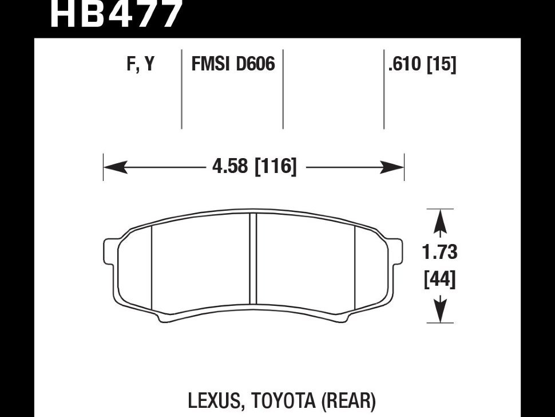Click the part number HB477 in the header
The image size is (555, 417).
[116, 14]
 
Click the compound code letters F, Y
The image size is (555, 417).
[141, 64]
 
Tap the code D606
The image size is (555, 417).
[255, 64]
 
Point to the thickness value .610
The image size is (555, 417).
[405, 64]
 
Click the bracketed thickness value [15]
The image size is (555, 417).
[442, 65]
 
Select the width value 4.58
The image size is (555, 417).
[230, 166]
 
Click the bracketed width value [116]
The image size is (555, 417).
[276, 166]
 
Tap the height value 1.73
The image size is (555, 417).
[439, 252]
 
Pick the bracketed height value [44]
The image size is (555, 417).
[439, 280]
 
